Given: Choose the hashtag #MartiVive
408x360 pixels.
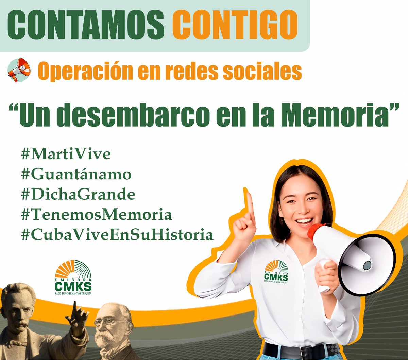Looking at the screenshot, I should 66,154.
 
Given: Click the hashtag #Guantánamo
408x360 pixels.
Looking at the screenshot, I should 76,175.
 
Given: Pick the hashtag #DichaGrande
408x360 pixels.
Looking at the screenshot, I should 78,195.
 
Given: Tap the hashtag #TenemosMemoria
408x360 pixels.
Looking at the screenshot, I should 96,215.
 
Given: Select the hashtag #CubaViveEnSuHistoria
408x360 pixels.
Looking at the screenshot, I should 117,235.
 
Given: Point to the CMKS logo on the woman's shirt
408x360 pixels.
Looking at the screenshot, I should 276,272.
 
